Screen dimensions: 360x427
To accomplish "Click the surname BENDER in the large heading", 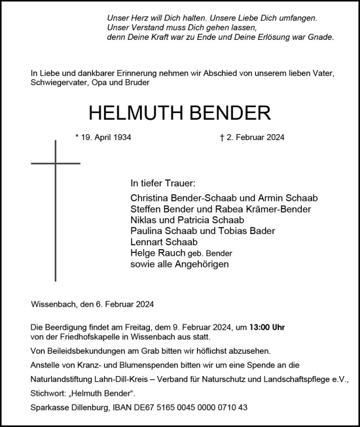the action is tap(215, 113).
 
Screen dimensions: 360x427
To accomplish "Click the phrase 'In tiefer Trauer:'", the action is tap(163, 184).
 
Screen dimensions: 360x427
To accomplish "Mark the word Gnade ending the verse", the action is tap(320, 38).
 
